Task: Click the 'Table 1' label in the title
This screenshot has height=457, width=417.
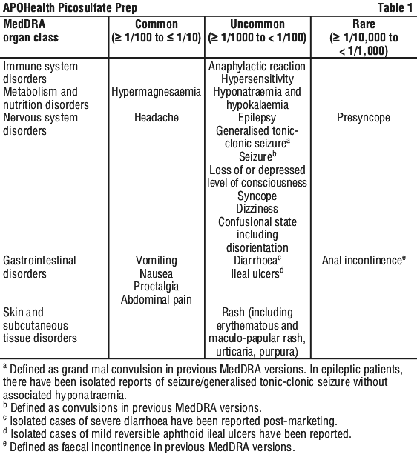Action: click(x=395, y=7)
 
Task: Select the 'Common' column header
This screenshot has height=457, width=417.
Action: click(x=157, y=24)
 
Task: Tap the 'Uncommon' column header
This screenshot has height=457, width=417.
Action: click(x=257, y=24)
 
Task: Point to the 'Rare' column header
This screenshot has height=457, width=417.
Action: click(x=364, y=24)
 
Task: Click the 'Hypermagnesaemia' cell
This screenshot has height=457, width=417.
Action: click(x=157, y=92)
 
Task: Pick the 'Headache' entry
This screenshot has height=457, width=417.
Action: click(x=157, y=118)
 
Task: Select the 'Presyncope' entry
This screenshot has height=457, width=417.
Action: click(x=364, y=118)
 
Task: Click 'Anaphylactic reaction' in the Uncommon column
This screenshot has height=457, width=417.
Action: click(x=257, y=67)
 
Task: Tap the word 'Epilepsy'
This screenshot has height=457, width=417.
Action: click(x=257, y=118)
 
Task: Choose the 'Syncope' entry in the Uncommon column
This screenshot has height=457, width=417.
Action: click(x=257, y=196)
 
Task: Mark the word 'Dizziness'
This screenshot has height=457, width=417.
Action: click(x=257, y=209)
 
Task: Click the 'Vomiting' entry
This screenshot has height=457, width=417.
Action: click(x=157, y=261)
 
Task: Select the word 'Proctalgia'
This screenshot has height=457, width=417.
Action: click(x=157, y=287)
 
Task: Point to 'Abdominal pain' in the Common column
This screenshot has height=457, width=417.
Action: click(x=157, y=300)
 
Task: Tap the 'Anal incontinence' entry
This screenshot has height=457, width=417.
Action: click(x=362, y=261)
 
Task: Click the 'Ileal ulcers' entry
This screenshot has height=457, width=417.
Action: click(x=255, y=274)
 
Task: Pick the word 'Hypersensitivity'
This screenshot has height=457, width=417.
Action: click(x=257, y=79)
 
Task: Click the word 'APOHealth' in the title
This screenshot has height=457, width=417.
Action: click(x=29, y=8)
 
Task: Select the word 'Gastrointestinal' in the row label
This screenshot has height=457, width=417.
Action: click(x=39, y=261)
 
